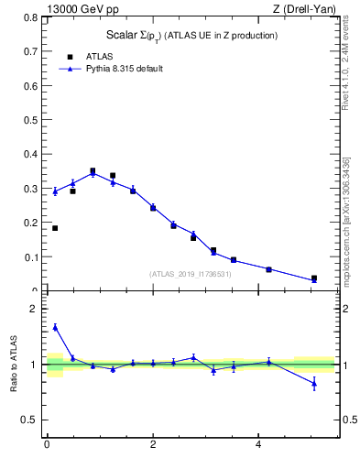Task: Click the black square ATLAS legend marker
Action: (x=69, y=56)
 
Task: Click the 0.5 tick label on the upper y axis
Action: (x=31, y=120)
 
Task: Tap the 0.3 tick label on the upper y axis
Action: (x=31, y=189)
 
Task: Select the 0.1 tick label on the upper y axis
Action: (x=31, y=257)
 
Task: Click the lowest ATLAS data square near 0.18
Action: (x=55, y=228)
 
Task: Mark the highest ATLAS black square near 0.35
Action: (x=93, y=170)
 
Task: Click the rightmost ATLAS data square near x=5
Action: (x=314, y=278)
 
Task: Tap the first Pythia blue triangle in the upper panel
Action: (x=55, y=191)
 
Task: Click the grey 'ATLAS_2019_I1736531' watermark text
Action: (x=190, y=274)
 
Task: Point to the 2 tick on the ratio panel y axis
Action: (x=35, y=310)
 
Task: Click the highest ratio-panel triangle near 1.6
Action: (x=55, y=327)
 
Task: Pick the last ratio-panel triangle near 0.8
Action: (x=314, y=383)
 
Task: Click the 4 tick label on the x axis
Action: (x=258, y=444)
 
